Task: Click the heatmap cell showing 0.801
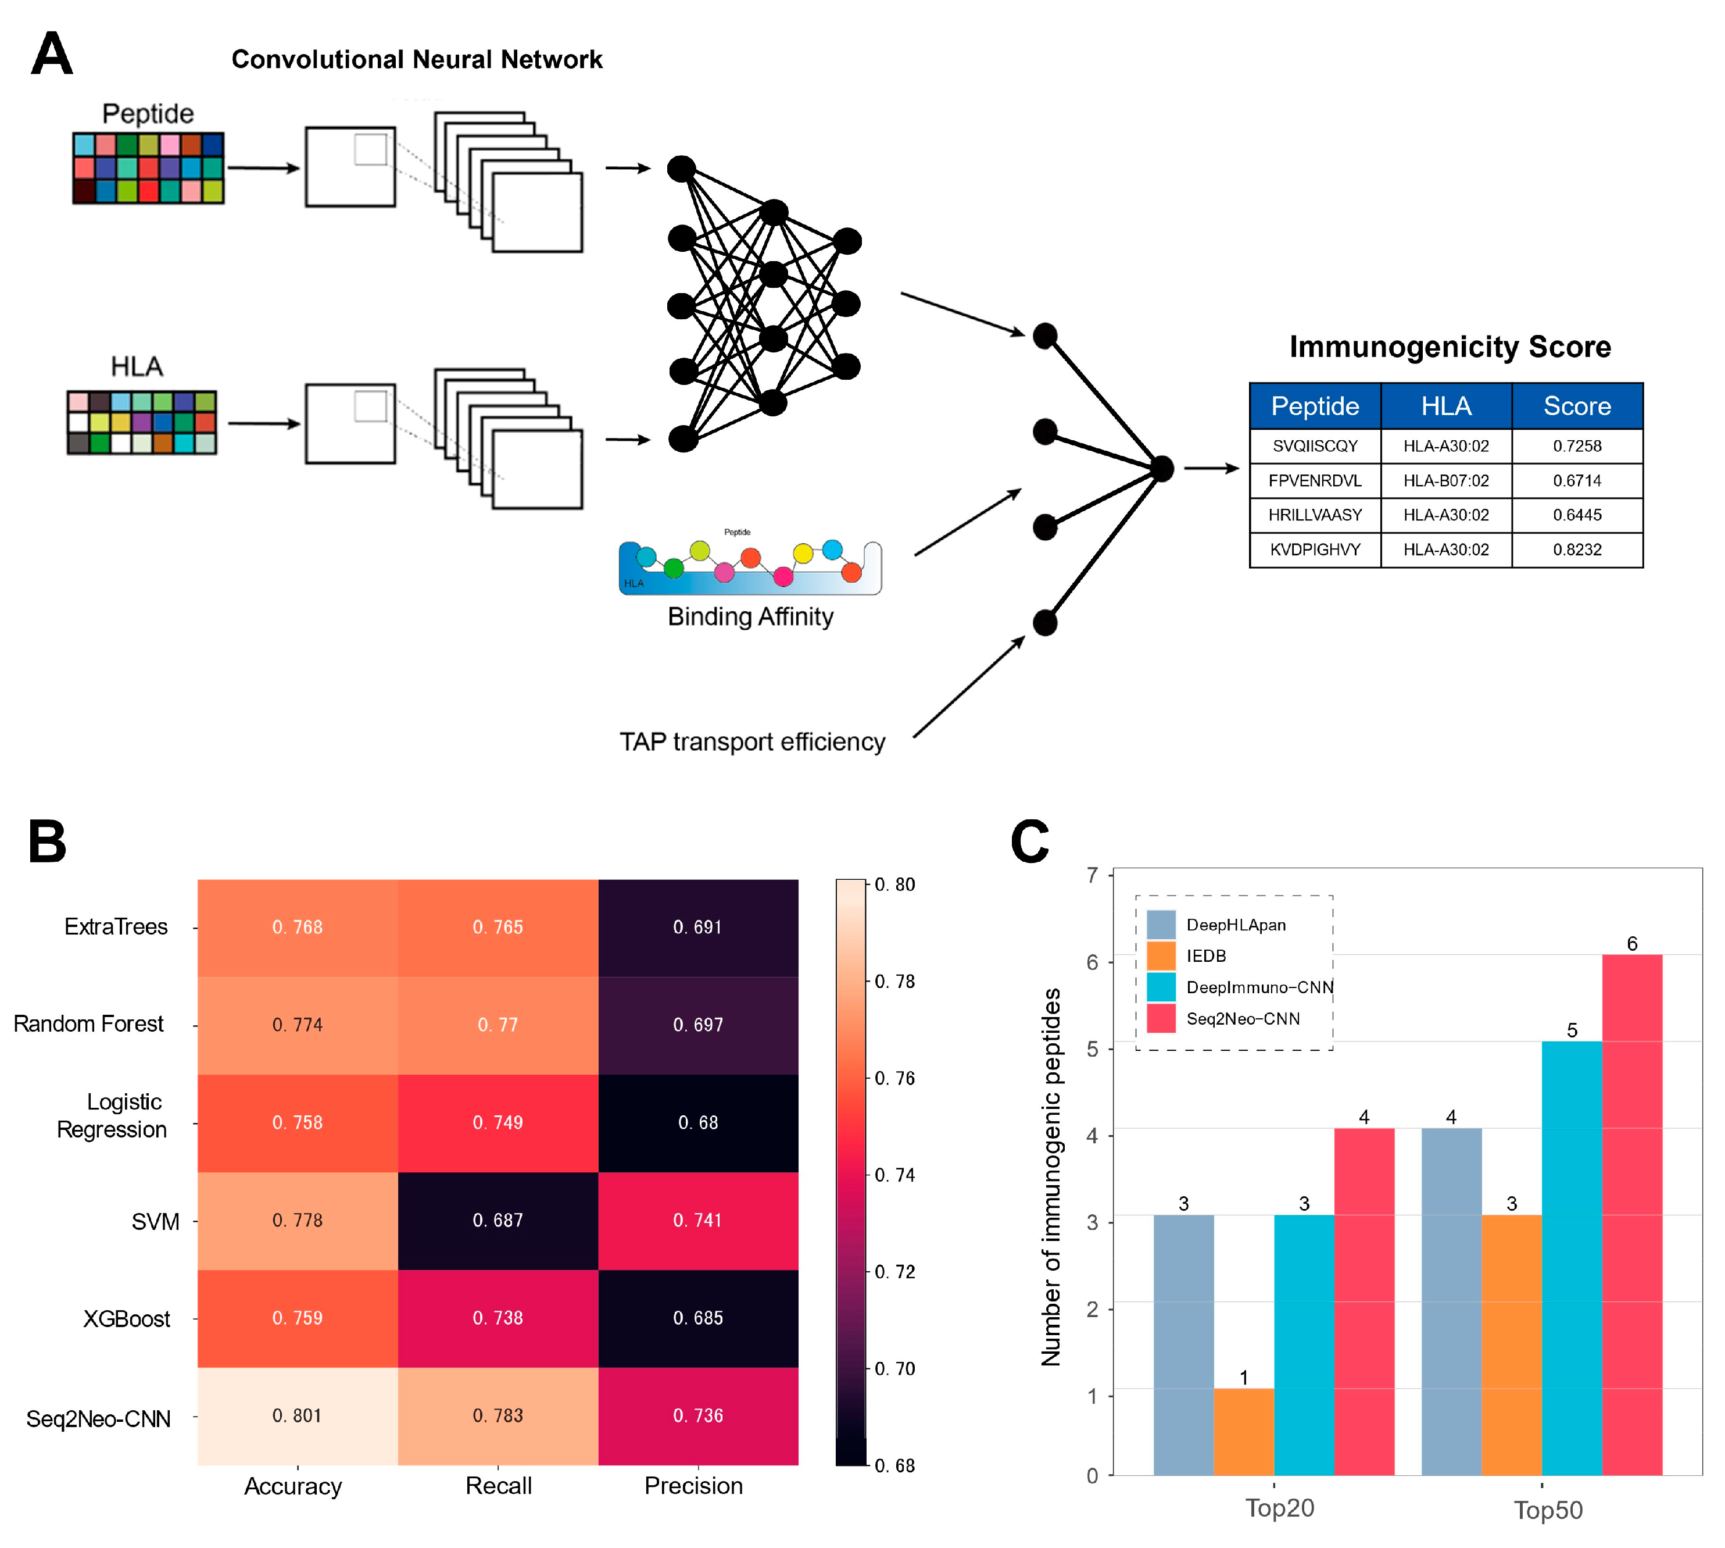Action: [297, 1415]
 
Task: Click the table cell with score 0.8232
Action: [1576, 550]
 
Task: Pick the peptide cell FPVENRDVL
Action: [1314, 480]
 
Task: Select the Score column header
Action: [1576, 406]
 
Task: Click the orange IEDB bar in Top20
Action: [1243, 1432]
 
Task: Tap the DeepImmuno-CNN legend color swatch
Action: [1161, 987]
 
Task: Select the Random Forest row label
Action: [88, 1023]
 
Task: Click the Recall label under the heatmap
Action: [498, 1485]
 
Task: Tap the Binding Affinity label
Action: [750, 616]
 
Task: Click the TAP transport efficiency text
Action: [751, 741]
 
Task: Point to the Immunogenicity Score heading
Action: [1450, 347]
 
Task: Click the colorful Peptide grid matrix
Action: [148, 167]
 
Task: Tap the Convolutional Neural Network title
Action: [417, 59]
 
